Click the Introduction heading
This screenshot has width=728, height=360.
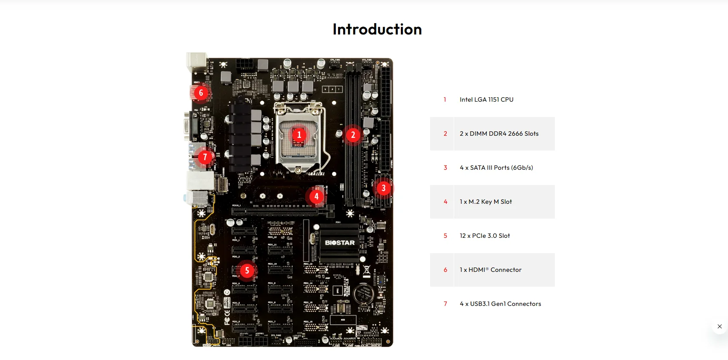(x=377, y=29)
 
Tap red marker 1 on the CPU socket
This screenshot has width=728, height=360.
(x=299, y=135)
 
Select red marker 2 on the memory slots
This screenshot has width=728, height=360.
(x=353, y=135)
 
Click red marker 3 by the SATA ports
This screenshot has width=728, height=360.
(x=383, y=188)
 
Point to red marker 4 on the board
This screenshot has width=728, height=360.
(x=316, y=196)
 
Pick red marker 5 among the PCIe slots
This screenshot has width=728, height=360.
(x=247, y=271)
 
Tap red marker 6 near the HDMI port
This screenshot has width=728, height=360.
(x=201, y=93)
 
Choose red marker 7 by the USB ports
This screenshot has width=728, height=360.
(x=205, y=157)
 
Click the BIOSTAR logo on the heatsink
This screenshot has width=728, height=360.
(x=339, y=243)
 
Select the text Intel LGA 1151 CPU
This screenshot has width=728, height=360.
(x=486, y=99)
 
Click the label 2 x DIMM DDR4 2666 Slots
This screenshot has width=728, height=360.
(x=499, y=134)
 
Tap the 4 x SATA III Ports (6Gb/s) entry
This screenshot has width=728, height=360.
(x=496, y=168)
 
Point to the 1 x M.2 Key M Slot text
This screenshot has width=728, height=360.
(x=485, y=202)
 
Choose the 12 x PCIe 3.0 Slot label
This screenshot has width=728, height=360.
(x=485, y=236)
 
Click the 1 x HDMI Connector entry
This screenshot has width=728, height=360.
(x=490, y=270)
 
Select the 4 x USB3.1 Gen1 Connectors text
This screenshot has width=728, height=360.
(x=500, y=304)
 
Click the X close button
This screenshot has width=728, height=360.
(x=719, y=326)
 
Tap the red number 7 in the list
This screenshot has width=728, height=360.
(x=445, y=304)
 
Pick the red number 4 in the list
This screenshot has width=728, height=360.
(x=445, y=202)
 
